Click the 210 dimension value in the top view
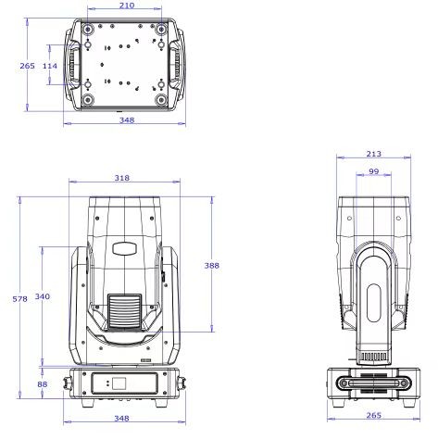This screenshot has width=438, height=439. pos(127,6)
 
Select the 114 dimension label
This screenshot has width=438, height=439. pos(50,66)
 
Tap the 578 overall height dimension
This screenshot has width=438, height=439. pos(19,299)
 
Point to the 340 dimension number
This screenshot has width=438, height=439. pos(42,296)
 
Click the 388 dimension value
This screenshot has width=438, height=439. pos(211,266)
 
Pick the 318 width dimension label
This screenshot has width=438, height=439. pos(122,178)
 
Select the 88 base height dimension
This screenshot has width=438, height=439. pos(43,384)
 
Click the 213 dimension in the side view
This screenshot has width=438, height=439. pos(373,154)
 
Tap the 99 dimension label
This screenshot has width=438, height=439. pos(373,171)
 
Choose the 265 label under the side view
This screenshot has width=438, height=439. pos(373,415)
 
